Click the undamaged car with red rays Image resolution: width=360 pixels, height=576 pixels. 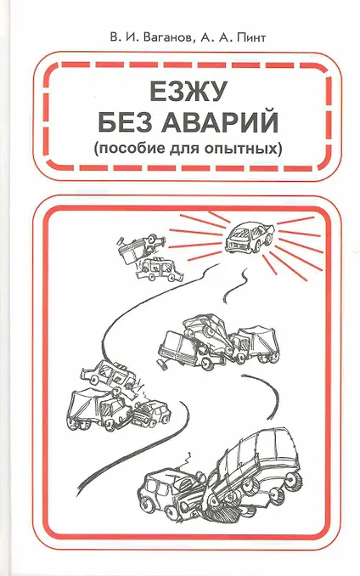click(250, 236)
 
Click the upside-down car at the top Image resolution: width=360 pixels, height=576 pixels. click(141, 247)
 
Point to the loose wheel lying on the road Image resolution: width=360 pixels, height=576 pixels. click(162, 364)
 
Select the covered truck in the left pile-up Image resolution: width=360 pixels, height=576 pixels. click(99, 409)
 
